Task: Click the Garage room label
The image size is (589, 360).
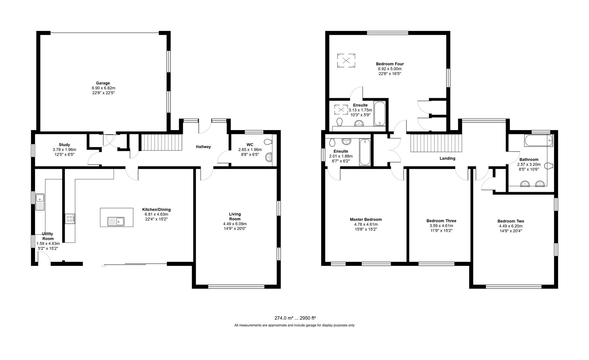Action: click(103, 83)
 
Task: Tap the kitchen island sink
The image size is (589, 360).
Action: click(116, 221)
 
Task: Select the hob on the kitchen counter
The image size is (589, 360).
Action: click(70, 219)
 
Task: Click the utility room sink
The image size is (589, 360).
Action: click(39, 202)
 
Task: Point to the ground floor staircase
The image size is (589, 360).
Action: click(161, 142)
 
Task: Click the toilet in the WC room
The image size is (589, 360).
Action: click(268, 142)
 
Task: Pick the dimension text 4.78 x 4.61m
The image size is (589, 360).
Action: click(366, 224)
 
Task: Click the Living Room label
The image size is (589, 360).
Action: click(235, 216)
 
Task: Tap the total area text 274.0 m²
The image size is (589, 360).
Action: click(284, 318)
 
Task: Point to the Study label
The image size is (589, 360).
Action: click(64, 145)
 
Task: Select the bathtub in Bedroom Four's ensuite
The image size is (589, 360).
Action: click(379, 114)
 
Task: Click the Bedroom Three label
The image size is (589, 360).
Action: click(441, 221)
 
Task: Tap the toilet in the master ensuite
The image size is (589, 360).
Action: click(332, 142)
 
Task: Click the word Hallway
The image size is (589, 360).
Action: click(203, 147)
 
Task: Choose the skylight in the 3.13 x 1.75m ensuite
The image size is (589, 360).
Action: click(341, 110)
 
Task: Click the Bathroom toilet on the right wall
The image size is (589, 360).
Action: click(548, 166)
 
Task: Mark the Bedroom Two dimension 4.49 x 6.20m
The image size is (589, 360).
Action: click(511, 226)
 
